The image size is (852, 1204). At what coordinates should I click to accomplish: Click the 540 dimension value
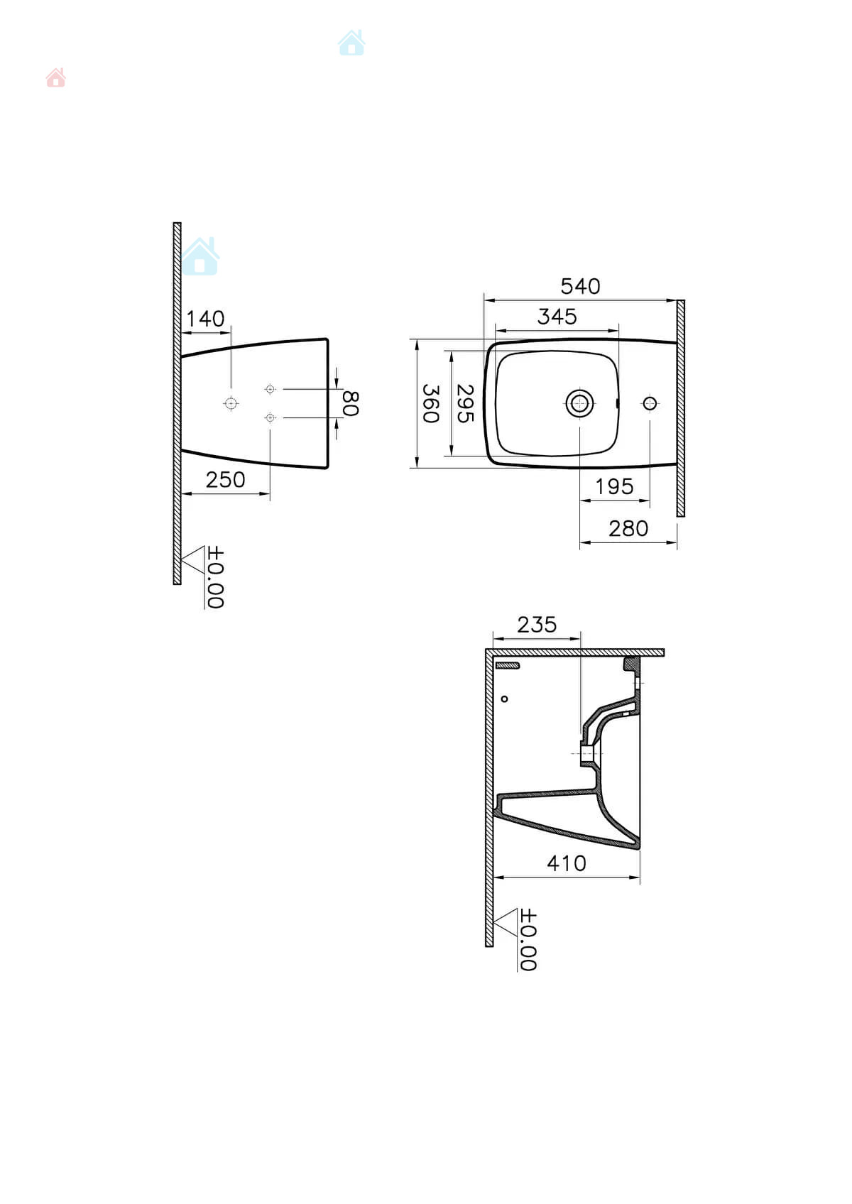point(580,287)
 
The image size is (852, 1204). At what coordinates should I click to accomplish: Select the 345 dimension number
point(557,317)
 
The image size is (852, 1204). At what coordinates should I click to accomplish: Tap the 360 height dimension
point(431,403)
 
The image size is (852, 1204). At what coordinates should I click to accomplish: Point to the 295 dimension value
point(465,403)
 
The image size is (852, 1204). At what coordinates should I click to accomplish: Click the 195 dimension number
point(614,487)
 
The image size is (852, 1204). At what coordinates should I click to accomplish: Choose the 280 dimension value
point(628,529)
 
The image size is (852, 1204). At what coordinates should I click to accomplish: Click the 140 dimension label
point(205,319)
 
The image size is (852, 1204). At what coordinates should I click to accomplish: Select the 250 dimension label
point(225,480)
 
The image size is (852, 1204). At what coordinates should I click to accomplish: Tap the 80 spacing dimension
point(351,403)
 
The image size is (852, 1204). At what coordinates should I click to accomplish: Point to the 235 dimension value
point(537,625)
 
